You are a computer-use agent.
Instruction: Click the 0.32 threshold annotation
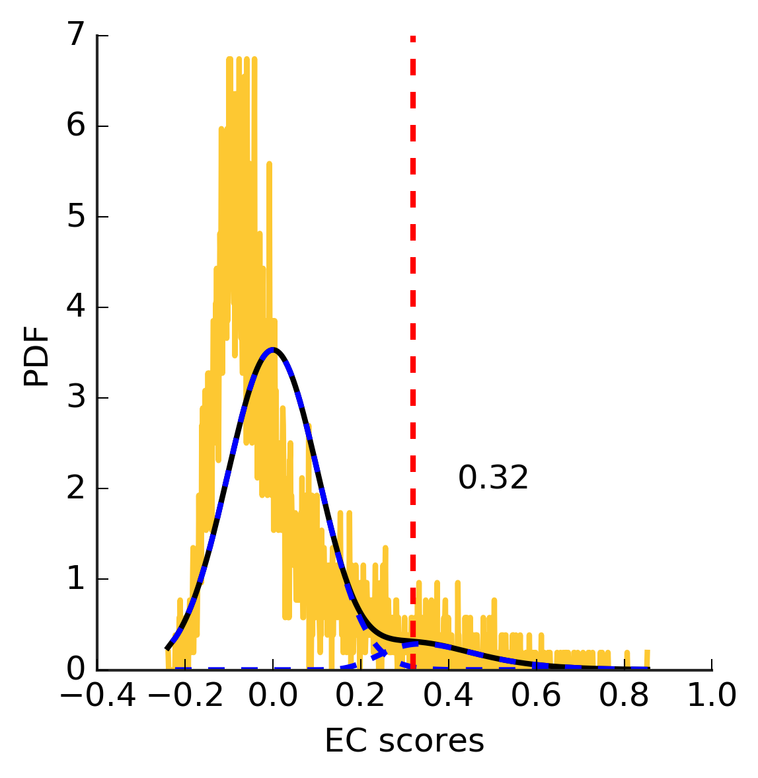pos(493,478)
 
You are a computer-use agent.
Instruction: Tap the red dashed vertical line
pos(412,264)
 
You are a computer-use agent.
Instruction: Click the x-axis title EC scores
pos(404,742)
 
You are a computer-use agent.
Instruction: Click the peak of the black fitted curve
pos(272,350)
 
